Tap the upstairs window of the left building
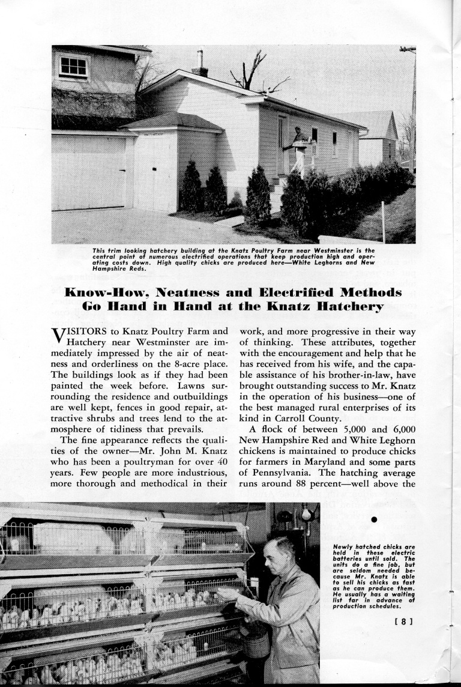pyautogui.click(x=73, y=66)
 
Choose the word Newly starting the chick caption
pyautogui.click(x=346, y=548)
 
